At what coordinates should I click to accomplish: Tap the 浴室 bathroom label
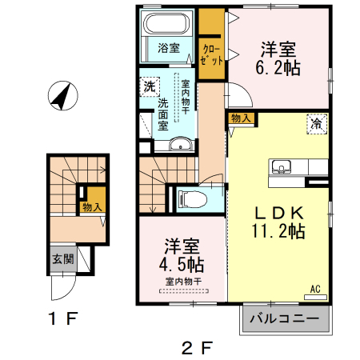tap(167, 47)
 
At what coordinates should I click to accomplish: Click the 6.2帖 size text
tap(279, 69)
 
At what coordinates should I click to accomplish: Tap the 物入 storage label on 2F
tap(241, 118)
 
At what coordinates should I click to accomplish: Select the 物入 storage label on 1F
tap(93, 207)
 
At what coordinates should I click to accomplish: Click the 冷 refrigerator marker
tap(317, 124)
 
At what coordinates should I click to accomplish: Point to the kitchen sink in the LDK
tap(282, 167)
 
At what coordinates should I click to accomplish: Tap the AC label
tap(314, 288)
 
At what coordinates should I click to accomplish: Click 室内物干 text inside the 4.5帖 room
tap(183, 281)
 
